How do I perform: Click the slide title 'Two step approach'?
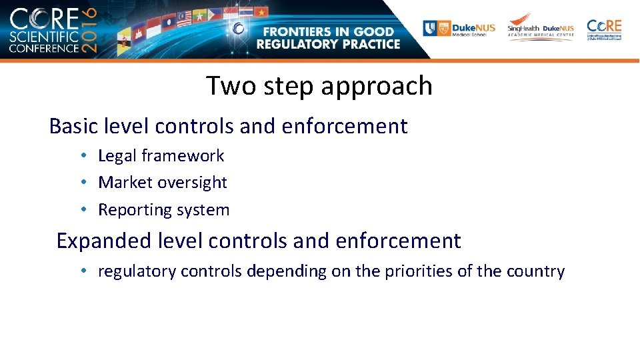tap(319, 86)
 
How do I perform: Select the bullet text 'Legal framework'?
tap(161, 156)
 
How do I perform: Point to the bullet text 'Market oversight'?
tap(163, 183)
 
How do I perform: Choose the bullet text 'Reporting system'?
tap(163, 210)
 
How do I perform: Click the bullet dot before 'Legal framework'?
tap(83, 156)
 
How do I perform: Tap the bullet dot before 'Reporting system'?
tap(83, 210)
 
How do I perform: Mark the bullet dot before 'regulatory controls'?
tap(83, 272)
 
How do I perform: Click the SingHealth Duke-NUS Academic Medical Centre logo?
tap(540, 29)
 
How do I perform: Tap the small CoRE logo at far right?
tap(604, 29)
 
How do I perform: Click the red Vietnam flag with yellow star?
tap(262, 12)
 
